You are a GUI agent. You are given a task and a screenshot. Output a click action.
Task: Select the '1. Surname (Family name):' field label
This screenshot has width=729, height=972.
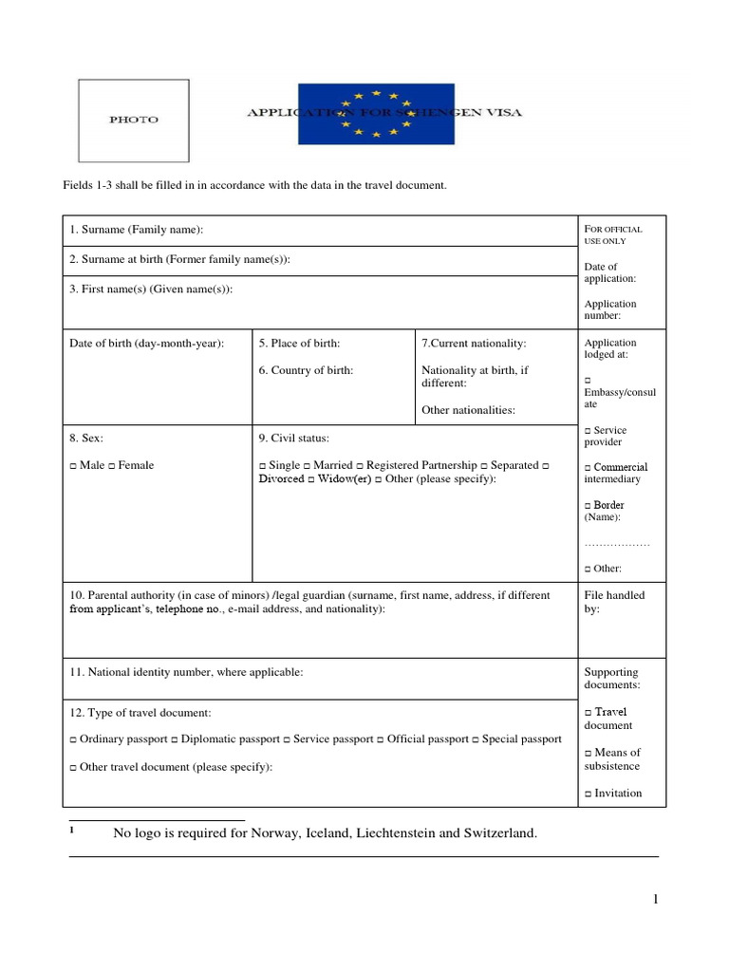coord(137,230)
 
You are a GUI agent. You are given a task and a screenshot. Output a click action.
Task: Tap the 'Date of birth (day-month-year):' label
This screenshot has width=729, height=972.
coord(146,343)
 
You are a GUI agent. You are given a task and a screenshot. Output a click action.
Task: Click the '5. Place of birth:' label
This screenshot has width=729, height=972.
coord(299,343)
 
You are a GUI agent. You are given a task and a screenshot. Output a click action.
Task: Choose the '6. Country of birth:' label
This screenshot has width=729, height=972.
coord(306,370)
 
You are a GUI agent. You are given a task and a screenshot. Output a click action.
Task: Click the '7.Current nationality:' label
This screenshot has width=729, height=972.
coord(474,343)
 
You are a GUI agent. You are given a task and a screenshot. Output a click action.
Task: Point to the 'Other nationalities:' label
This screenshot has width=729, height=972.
coord(468,410)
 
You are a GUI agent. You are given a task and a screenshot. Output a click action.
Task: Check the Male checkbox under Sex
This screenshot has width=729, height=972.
coord(73,465)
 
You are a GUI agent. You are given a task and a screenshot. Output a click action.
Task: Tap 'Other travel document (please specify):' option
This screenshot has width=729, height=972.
coord(171,767)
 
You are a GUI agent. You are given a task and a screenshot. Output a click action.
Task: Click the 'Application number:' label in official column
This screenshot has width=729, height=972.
coord(610,309)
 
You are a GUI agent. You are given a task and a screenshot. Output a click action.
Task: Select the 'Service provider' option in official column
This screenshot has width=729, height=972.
coord(606,436)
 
